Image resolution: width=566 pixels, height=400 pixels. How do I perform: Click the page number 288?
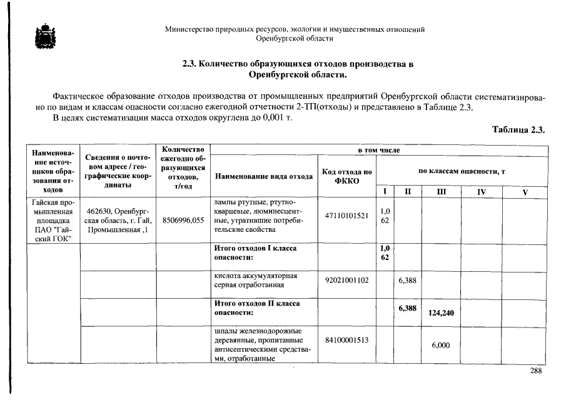coord(535,371)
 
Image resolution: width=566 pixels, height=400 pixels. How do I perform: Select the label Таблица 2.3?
coord(519,130)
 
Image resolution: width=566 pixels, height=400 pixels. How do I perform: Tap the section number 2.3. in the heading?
coord(190,64)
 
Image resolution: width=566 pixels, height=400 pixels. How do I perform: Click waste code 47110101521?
coord(346,216)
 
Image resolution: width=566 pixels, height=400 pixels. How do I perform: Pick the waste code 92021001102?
coord(346,281)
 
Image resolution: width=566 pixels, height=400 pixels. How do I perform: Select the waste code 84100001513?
coord(346,339)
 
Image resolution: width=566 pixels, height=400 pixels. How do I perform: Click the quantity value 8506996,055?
coord(183,221)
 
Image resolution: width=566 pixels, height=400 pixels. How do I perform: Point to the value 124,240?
coord(441,312)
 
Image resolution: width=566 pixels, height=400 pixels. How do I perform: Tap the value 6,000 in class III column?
coord(441,345)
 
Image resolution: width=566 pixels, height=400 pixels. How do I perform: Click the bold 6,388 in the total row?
coord(408,307)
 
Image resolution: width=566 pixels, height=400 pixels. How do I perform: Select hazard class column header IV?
coord(481,192)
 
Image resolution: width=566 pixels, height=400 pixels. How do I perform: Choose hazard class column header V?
coord(525,192)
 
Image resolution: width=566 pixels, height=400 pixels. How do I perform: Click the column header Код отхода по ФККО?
coord(346,176)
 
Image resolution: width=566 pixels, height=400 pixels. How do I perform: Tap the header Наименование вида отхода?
coord(264,176)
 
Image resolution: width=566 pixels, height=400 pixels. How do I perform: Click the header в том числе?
coord(378,151)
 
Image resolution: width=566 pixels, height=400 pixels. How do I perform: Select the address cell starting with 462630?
coord(116,221)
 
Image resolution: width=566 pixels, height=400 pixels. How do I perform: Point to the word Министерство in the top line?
coord(188,29)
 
